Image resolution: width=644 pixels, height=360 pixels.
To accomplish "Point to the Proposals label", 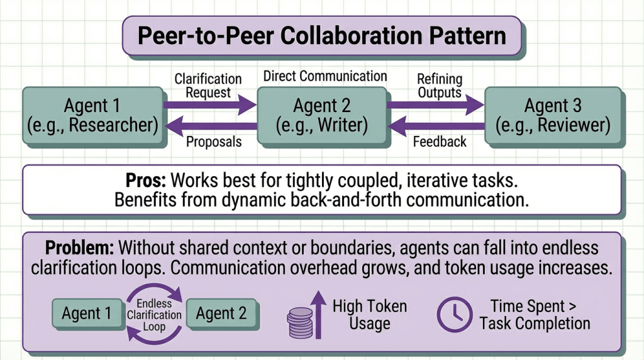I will coord(214,142).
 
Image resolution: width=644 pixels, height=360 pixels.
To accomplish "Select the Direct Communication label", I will coord(325,76).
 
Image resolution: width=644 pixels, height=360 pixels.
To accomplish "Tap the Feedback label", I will coord(440,142).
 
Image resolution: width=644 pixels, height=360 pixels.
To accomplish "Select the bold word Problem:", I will coord(80,247).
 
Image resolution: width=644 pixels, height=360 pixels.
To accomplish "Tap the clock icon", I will coord(453,315).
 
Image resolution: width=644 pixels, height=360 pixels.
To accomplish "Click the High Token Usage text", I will coord(369,315).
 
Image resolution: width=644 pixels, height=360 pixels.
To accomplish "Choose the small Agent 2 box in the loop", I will coord(221,313).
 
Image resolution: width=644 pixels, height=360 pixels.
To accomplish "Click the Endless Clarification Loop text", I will coord(155,314).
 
